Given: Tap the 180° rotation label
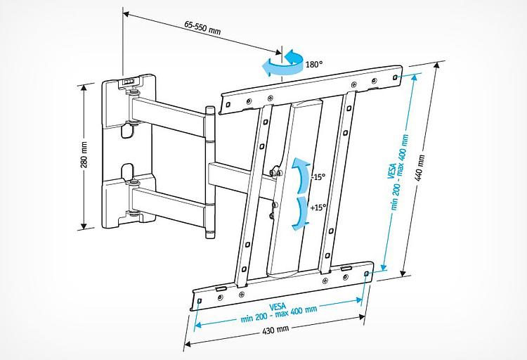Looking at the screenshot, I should click(314, 65).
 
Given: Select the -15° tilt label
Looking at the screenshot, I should click(318, 178).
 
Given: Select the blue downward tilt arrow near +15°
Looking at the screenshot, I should click(300, 210).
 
